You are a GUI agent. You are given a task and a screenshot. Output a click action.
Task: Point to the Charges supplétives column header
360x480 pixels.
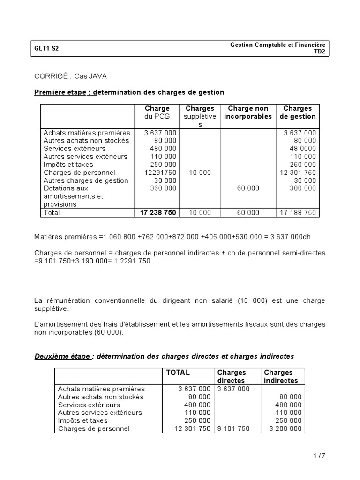point(200,116)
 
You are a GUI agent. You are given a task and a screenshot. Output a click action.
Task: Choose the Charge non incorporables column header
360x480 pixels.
point(247,112)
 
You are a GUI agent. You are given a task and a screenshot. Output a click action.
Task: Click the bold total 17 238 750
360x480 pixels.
point(158,212)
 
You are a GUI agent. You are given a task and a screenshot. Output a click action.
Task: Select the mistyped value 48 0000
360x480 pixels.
point(300,149)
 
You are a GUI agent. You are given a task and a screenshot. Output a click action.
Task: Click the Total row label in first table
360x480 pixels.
point(52,212)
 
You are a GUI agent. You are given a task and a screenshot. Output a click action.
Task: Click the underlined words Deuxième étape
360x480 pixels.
point(62,356)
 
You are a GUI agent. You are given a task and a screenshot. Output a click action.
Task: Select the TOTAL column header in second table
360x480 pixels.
point(178,373)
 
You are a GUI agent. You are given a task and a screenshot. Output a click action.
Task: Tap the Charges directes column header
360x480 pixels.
point(231,376)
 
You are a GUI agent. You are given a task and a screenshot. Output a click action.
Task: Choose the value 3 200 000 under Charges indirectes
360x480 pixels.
point(284,428)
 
